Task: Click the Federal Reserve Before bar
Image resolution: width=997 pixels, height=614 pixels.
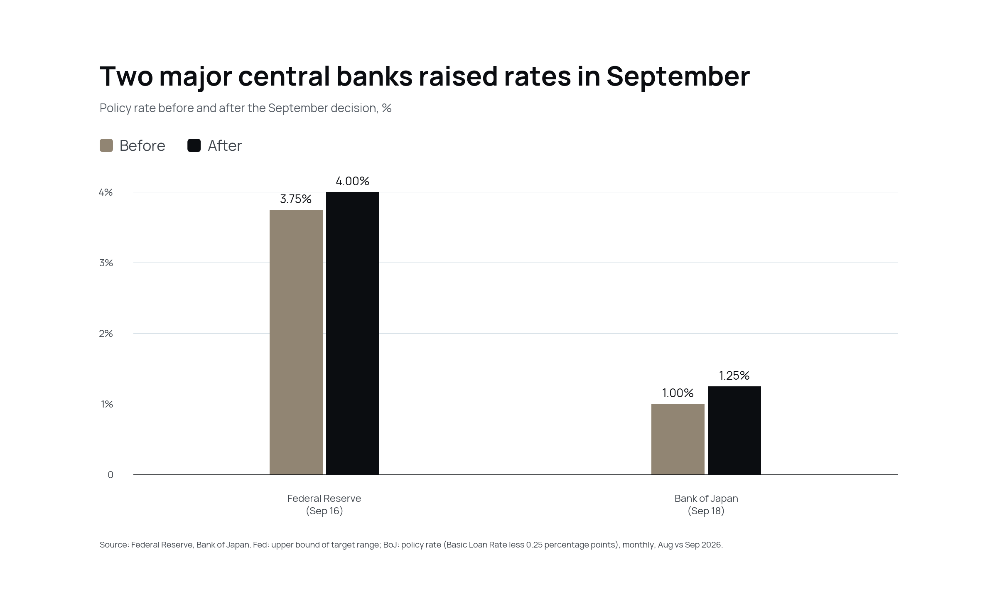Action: tap(296, 342)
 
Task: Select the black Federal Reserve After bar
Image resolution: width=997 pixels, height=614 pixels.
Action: tap(353, 333)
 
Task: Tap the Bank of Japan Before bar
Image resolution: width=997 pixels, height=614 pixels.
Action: tap(678, 439)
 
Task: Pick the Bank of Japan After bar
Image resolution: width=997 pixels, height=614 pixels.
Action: tap(734, 430)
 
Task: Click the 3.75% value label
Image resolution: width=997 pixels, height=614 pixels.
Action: tap(296, 199)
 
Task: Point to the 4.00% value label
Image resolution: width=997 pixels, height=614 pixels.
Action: tap(353, 181)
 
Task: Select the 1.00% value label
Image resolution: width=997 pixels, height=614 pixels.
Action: tap(678, 393)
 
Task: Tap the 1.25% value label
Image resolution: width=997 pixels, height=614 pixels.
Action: tap(734, 376)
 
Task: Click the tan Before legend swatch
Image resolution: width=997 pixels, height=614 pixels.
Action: tap(106, 145)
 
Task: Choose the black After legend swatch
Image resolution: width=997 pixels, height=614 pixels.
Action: tap(194, 145)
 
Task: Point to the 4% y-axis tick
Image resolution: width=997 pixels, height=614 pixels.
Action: tap(106, 192)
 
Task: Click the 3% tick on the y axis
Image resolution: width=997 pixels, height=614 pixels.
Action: tap(106, 263)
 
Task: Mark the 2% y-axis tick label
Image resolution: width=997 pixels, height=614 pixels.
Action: tap(106, 334)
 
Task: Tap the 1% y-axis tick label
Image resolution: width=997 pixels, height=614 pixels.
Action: tap(107, 404)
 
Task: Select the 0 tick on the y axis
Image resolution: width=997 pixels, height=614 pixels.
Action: tap(111, 475)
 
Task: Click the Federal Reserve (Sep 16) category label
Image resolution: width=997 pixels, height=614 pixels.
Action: tap(324, 504)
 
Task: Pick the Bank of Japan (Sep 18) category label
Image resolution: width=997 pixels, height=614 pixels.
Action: tap(706, 504)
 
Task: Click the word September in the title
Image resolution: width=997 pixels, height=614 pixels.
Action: tap(678, 77)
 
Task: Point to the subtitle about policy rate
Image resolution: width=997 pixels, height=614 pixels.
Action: tap(246, 108)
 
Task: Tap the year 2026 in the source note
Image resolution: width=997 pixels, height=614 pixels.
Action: tap(712, 545)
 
